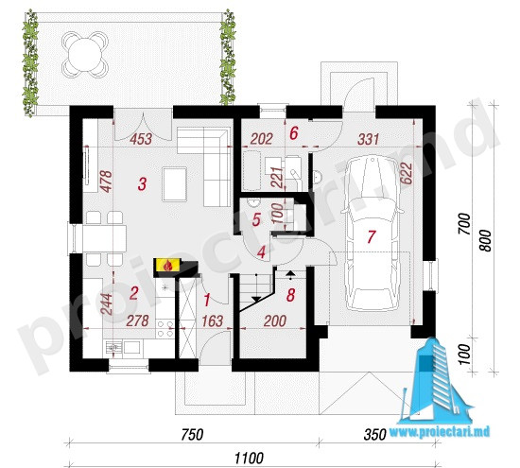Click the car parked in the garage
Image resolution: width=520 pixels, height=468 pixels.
pos(371,234)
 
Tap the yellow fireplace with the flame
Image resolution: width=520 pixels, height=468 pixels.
pos(167,265)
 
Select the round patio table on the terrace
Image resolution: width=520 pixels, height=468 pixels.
pos(85,54)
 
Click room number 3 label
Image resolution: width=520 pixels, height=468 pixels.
pos(142,184)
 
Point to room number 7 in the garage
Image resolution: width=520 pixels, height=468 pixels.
pos(372,236)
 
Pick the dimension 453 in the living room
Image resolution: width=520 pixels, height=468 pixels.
pos(141,139)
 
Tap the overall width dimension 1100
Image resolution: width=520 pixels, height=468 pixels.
pos(249,459)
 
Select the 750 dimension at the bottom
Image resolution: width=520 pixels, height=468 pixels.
pos(192,435)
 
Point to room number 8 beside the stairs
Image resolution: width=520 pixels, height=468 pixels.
pos(290,295)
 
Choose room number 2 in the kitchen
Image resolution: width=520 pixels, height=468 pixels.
pos(133,293)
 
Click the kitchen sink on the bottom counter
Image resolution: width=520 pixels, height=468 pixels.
pos(114,347)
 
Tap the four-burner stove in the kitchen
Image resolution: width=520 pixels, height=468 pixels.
pos(165,329)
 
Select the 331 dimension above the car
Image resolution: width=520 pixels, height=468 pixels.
pos(368,139)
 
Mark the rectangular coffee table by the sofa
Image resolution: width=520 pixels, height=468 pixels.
pos(175,184)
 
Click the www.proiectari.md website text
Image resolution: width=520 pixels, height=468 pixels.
pos(440,431)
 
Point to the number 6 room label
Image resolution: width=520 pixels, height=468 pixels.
pos(294,133)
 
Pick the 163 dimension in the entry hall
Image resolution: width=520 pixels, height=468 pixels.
pos(212,321)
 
